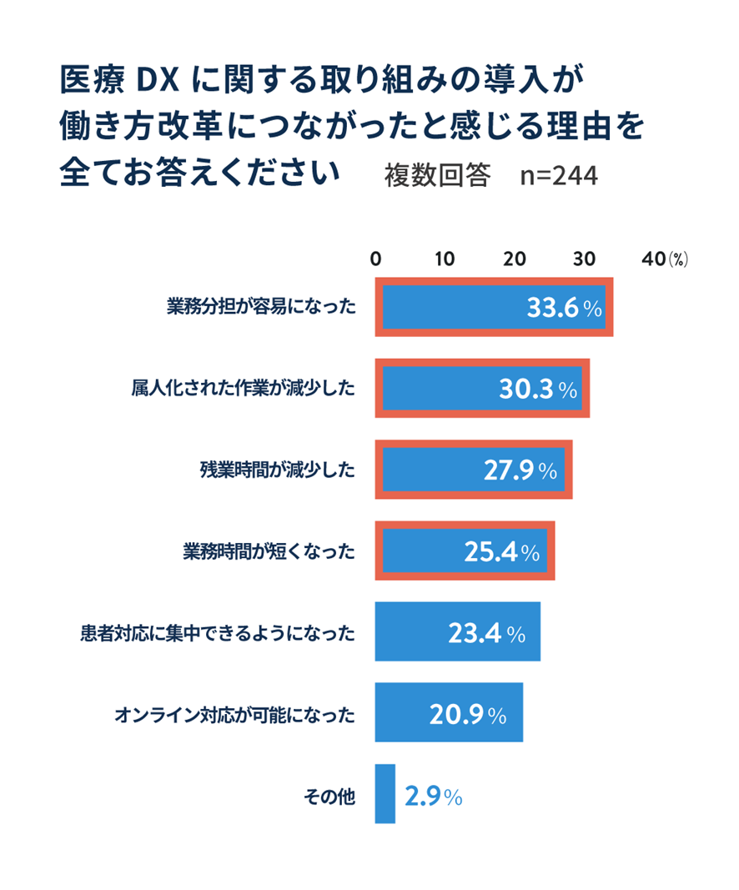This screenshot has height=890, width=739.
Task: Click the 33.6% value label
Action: coord(564,308)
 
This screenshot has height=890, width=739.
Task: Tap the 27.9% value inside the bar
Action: coord(520,470)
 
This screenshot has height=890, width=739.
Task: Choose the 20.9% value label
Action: coord(468,714)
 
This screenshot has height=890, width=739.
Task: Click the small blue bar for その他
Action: coord(385,794)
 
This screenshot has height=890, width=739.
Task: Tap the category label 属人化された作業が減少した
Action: coord(243,389)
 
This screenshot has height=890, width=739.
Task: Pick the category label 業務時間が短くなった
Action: coord(269,551)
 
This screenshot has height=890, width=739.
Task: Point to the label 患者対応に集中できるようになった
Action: coord(219,633)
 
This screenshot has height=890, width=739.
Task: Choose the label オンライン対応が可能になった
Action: coord(234,715)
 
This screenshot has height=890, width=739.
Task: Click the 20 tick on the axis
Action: coord(516,259)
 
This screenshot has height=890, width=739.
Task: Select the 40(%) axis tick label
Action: coord(663,259)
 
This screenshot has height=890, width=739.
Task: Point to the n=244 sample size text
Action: coord(558,176)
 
